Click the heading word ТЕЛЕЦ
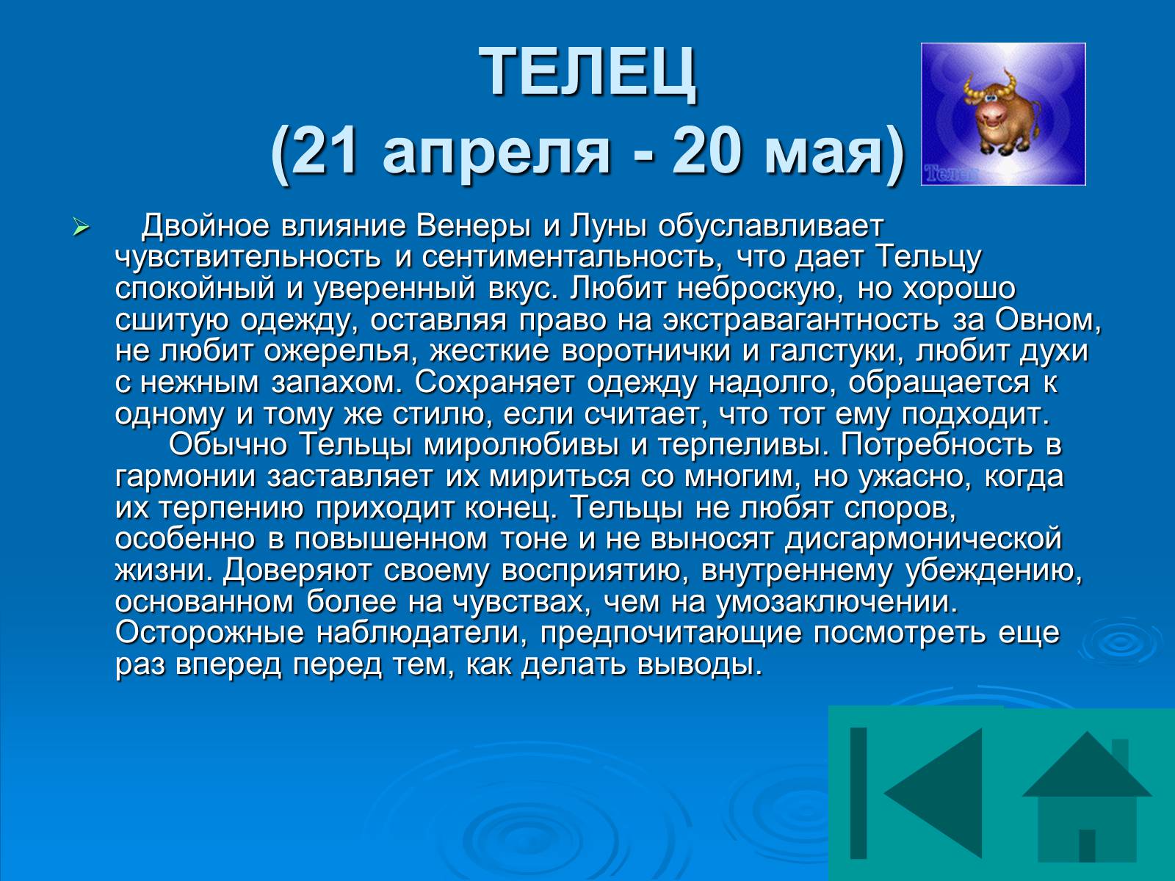click(x=587, y=72)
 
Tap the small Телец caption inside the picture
click(x=949, y=173)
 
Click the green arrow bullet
click(x=80, y=228)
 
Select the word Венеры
click(x=473, y=226)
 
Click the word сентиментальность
click(x=568, y=258)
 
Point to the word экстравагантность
click(x=800, y=320)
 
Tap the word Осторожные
click(x=209, y=634)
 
